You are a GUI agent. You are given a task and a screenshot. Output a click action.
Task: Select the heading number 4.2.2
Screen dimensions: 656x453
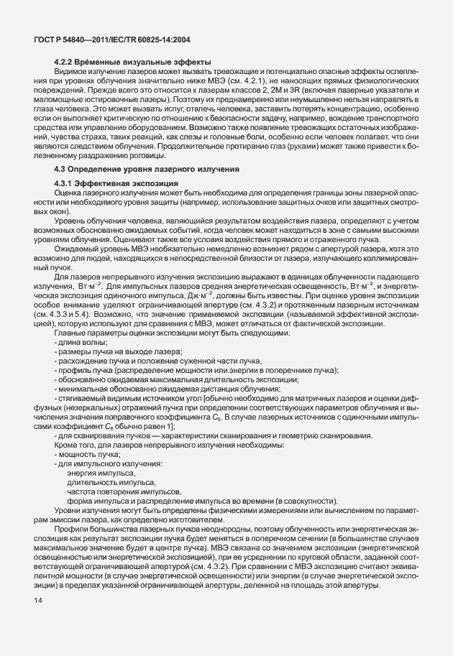click(x=65, y=63)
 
